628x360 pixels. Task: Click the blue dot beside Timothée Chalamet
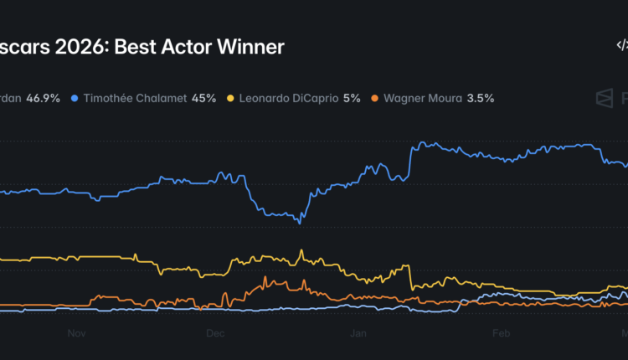[75, 98]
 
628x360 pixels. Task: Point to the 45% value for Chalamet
[203, 98]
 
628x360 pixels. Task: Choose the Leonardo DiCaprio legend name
[287, 98]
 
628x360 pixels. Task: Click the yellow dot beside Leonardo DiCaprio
[231, 98]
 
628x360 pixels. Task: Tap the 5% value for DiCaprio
[352, 98]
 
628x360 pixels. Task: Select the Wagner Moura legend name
[424, 98]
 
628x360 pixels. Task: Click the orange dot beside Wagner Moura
[376, 98]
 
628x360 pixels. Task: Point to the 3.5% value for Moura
[481, 98]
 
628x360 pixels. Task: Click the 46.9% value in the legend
[44, 98]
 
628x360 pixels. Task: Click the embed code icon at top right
[620, 47]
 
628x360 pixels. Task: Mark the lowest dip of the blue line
[300, 223]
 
